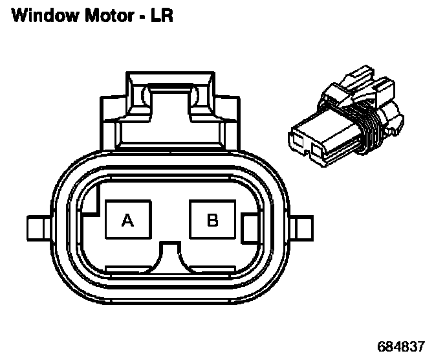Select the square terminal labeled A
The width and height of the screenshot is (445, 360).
point(127,221)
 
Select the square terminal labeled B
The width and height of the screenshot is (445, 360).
point(212,221)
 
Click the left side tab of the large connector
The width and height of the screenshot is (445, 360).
point(37,228)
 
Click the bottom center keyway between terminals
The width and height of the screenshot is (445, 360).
point(171,256)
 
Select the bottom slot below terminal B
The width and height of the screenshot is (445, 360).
point(212,268)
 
